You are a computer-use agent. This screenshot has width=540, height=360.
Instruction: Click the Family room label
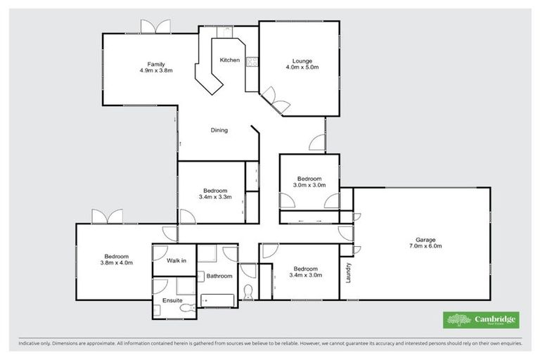pyautogui.click(x=156, y=64)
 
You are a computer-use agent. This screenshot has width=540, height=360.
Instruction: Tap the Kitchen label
pyautogui.click(x=230, y=60)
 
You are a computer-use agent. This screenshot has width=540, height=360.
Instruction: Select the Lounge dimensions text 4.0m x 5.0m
pyautogui.click(x=302, y=67)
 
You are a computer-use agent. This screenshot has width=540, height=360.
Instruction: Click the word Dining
pyautogui.click(x=219, y=130)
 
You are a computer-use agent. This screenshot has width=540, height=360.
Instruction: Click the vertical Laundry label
pyautogui.click(x=348, y=273)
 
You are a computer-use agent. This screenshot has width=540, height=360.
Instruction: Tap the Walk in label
pyautogui.click(x=176, y=261)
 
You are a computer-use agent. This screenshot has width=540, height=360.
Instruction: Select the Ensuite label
pyautogui.click(x=172, y=300)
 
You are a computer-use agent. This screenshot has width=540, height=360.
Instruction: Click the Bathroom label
pyautogui.click(x=219, y=276)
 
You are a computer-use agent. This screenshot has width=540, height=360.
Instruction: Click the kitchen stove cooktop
pyautogui.click(x=252, y=61)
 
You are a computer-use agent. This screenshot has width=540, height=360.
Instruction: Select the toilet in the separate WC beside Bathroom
pyautogui.click(x=246, y=292)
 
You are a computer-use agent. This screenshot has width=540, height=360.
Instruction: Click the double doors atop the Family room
pyautogui.click(x=155, y=26)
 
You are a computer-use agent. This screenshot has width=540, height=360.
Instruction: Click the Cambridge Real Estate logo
pyautogui.click(x=482, y=320)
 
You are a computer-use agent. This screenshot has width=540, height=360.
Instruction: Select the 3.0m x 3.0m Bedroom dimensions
pyautogui.click(x=309, y=186)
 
